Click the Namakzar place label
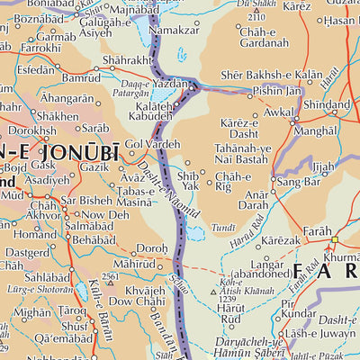pos(173,30)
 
